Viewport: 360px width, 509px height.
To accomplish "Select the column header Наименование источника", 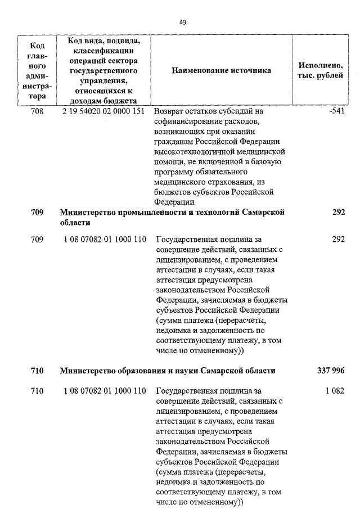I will [x=221, y=71].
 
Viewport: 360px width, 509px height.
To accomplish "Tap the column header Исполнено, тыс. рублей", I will [x=319, y=71].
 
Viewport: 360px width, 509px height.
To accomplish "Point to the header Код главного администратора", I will [x=37, y=71].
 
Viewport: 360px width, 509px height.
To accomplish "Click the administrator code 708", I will [x=37, y=111].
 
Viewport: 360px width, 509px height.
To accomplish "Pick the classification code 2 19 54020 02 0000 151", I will [x=105, y=111].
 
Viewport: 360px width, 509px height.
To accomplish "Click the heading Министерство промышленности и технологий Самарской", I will [x=172, y=212].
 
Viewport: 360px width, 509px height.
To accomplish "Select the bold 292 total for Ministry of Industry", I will [x=338, y=212].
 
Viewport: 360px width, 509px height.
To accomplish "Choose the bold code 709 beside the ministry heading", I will [x=37, y=212].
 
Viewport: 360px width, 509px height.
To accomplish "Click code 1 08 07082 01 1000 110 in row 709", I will [x=105, y=239].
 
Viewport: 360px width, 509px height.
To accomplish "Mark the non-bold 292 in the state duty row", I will [x=338, y=239].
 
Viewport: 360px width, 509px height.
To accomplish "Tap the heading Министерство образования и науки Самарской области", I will [x=168, y=371].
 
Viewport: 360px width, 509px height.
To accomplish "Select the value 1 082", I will [x=334, y=391].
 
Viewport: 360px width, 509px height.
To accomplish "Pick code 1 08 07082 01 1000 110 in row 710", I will [x=105, y=391].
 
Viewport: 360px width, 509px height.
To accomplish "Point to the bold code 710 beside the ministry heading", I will [x=37, y=371].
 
